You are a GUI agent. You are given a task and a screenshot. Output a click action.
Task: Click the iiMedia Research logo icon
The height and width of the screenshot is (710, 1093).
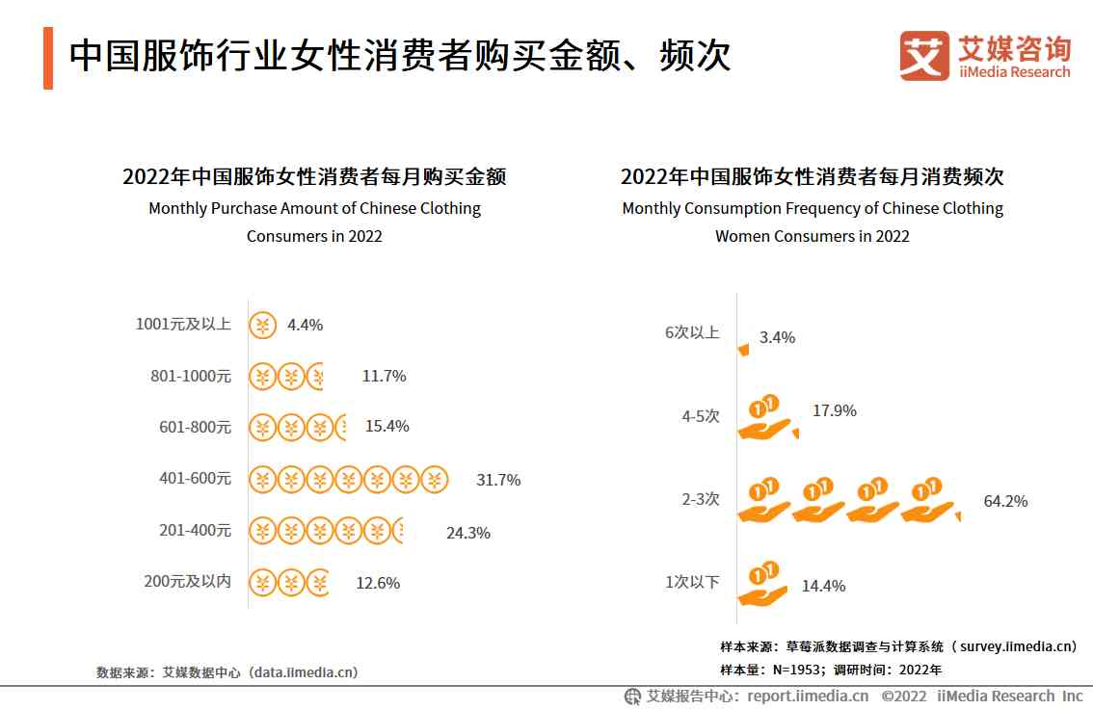924,56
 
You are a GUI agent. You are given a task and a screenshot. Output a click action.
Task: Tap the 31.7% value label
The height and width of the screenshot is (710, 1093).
498,480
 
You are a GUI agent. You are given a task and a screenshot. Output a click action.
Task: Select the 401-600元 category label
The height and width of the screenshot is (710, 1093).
196,478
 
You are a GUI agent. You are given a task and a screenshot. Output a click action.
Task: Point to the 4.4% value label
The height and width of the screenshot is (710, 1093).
305,326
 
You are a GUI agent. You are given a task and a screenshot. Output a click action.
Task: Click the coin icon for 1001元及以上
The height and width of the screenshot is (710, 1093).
262,326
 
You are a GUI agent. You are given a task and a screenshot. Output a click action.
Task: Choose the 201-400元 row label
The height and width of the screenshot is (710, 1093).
196,530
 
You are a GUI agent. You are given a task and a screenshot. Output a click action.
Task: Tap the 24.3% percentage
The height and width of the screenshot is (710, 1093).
467,533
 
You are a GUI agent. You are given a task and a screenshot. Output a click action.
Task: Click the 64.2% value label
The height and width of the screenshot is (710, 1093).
1005,501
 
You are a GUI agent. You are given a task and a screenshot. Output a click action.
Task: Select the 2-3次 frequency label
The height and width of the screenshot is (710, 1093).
701,500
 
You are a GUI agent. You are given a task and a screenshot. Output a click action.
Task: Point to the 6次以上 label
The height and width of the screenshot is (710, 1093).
692,332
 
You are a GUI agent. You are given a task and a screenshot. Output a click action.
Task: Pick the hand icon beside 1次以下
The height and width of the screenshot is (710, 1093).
763,584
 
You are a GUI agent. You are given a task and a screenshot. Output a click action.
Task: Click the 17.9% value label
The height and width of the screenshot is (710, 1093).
834,410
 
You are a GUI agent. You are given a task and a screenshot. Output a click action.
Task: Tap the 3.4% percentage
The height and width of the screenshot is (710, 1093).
777,337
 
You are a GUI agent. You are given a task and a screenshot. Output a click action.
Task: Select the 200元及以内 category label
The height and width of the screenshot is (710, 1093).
187,582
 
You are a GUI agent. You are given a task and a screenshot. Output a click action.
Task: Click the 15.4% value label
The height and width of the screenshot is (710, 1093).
387,426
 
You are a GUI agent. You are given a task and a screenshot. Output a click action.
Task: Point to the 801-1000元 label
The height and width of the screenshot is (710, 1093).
191,376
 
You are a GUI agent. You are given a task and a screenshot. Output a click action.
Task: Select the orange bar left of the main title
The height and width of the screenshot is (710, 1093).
48,58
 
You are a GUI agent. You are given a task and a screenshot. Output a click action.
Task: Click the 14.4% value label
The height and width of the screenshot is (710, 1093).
823,586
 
